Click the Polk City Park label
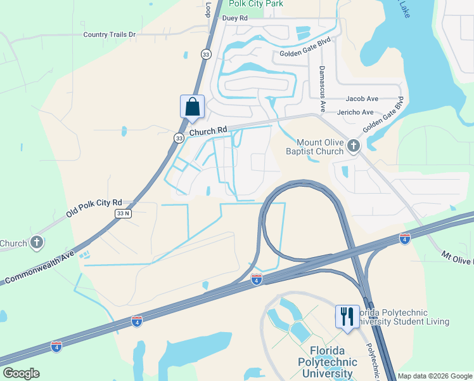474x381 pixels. pyautogui.click(x=256, y=4)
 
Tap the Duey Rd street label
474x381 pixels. pyautogui.click(x=234, y=18)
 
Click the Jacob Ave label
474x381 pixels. pyautogui.click(x=362, y=99)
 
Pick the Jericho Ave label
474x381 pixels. pyautogui.click(x=355, y=112)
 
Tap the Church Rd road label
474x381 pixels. pyautogui.click(x=208, y=131)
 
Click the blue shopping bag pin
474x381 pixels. pyautogui.click(x=192, y=107)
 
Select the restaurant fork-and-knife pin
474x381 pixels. pyautogui.click(x=347, y=316)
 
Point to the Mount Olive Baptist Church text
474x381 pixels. pyautogui.click(x=320, y=147)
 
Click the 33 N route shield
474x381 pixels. pyautogui.click(x=124, y=214)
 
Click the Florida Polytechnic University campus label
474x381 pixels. pyautogui.click(x=327, y=361)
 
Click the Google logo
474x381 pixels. pyautogui.click(x=21, y=373)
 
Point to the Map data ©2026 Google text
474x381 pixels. pyautogui.click(x=435, y=376)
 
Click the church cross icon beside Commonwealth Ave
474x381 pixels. pyautogui.click(x=37, y=242)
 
